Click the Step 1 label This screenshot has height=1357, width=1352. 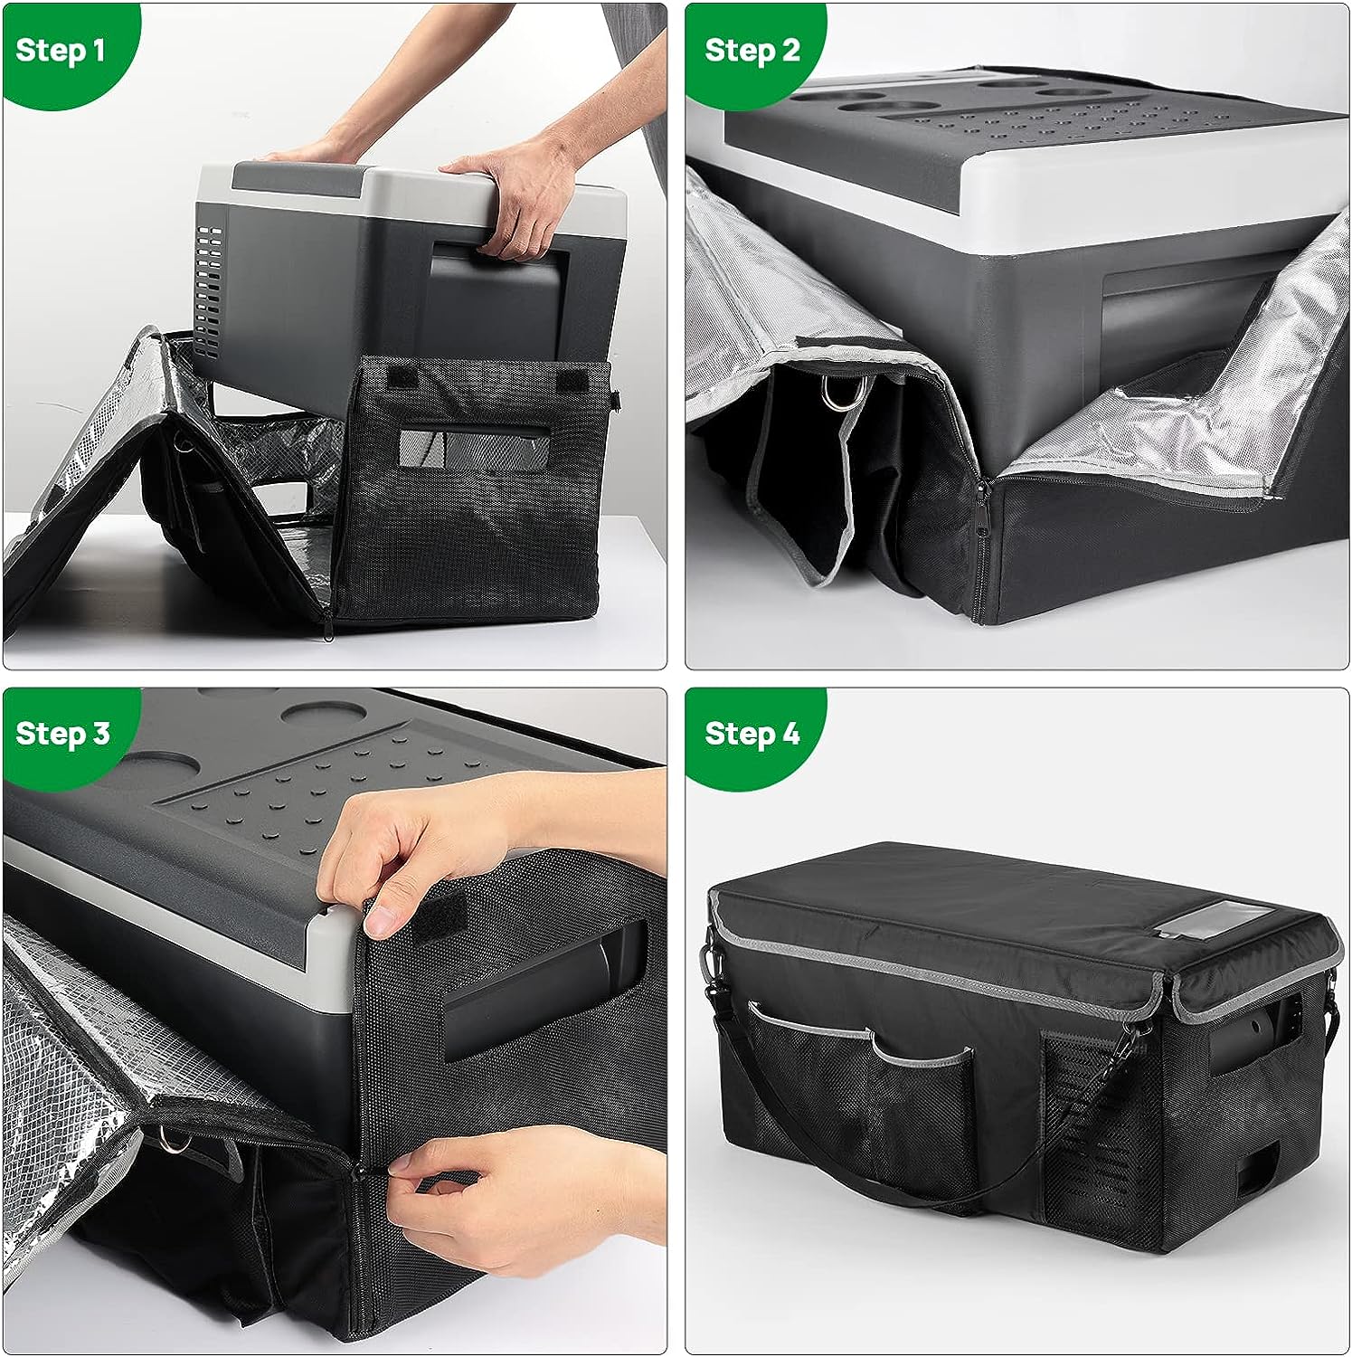(x=61, y=50)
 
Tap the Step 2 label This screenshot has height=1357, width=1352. (x=752, y=50)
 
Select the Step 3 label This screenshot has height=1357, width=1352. (x=62, y=732)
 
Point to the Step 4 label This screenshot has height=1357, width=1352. (x=752, y=732)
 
